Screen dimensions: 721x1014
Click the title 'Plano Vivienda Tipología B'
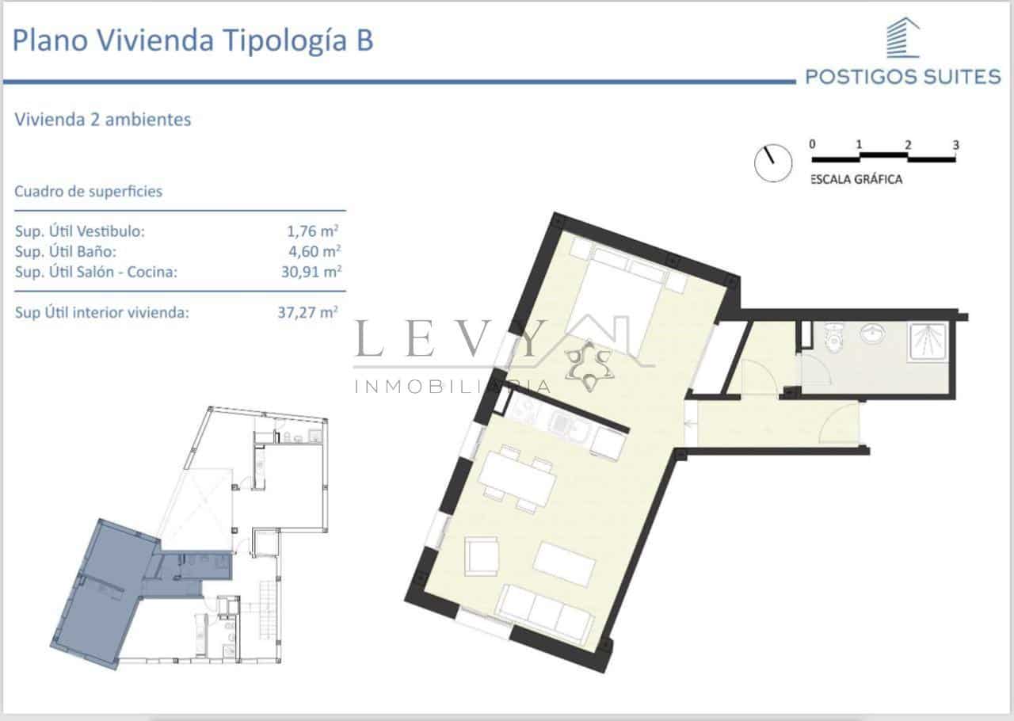193,40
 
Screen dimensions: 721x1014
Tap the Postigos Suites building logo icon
902,39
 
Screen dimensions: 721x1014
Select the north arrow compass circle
773,162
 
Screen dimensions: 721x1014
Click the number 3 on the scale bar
956,145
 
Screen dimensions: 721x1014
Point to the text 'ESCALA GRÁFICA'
856,180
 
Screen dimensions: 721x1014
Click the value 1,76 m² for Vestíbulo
314,231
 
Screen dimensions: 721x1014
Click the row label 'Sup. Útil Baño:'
66,252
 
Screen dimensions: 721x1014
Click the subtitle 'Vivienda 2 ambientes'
103,120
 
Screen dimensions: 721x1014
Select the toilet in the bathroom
833,340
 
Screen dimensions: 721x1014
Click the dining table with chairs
517,478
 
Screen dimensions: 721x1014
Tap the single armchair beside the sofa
482,555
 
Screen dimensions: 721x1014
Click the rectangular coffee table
564,563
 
